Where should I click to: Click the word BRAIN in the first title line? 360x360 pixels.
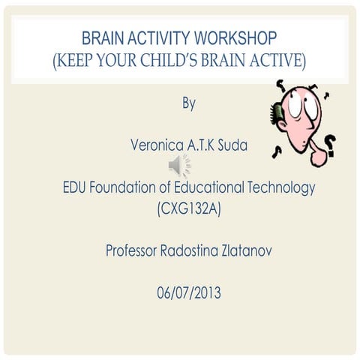click(103, 37)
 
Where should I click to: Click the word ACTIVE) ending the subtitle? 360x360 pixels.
click(273, 60)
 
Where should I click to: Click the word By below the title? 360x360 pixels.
click(189, 103)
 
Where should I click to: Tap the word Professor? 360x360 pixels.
click(133, 250)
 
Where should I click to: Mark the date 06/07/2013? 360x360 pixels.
click(189, 292)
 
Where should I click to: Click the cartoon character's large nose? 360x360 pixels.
click(319, 154)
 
